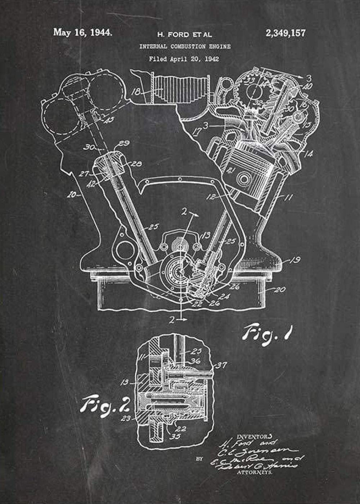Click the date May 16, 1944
82,32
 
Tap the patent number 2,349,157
285,33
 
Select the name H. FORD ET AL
184,35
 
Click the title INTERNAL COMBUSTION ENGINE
185,46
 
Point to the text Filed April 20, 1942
184,59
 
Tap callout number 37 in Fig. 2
221,366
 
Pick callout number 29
124,143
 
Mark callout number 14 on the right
308,154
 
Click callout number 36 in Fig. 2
195,361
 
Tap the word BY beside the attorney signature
199,459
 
